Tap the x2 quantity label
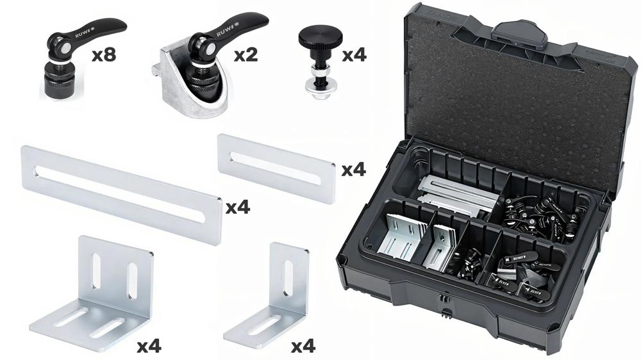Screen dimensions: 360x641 (x=245, y=55)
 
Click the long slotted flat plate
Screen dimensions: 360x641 (x=122, y=193)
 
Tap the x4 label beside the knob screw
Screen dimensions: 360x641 (x=354, y=55)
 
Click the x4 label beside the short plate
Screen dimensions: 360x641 (x=353, y=170)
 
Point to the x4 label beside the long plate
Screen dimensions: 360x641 (x=237, y=207)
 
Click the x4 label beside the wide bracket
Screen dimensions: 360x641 (x=149, y=347)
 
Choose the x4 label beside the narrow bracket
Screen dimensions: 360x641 (x=303, y=347)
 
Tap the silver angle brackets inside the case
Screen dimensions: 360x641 (x=404, y=237)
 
